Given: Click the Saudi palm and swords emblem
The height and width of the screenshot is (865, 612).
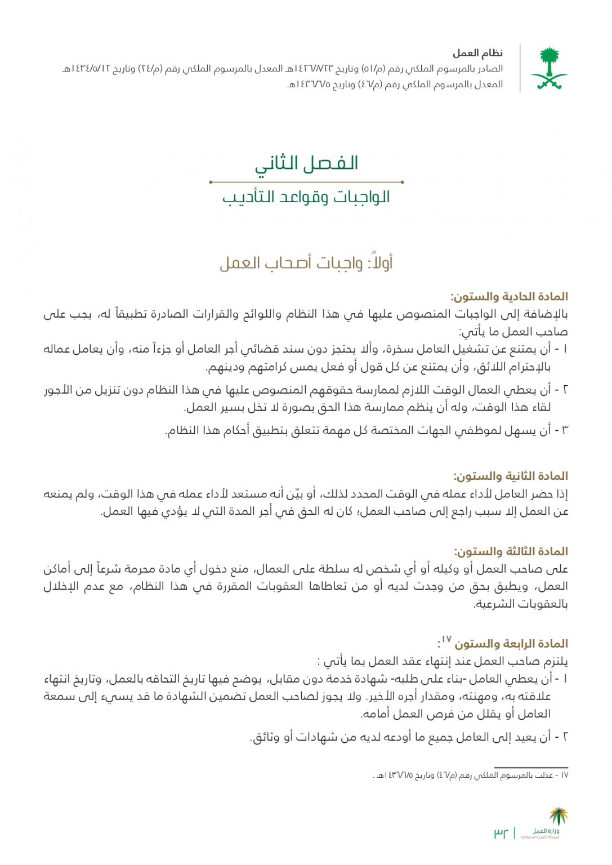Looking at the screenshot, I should [549, 68].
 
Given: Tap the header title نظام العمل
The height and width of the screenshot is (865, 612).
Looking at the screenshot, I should [477, 53].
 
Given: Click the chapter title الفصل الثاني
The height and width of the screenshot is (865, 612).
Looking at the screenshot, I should [306, 163].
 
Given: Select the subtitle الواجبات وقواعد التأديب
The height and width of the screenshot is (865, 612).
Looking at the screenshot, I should [306, 197].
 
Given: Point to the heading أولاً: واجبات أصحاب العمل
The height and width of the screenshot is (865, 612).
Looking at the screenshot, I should [306, 263].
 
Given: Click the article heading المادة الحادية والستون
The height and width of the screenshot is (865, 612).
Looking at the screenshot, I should [509, 297].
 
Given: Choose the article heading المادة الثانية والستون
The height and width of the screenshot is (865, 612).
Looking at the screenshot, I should [511, 476].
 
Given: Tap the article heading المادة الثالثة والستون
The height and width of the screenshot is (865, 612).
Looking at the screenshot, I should [511, 551].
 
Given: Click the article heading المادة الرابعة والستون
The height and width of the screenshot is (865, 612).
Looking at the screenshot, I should [511, 644].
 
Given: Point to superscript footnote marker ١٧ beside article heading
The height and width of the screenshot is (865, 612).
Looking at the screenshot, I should [446, 639].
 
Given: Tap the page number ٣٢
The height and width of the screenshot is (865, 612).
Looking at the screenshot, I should [501, 832].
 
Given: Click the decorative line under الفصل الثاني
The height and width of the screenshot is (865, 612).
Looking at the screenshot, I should [306, 182].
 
